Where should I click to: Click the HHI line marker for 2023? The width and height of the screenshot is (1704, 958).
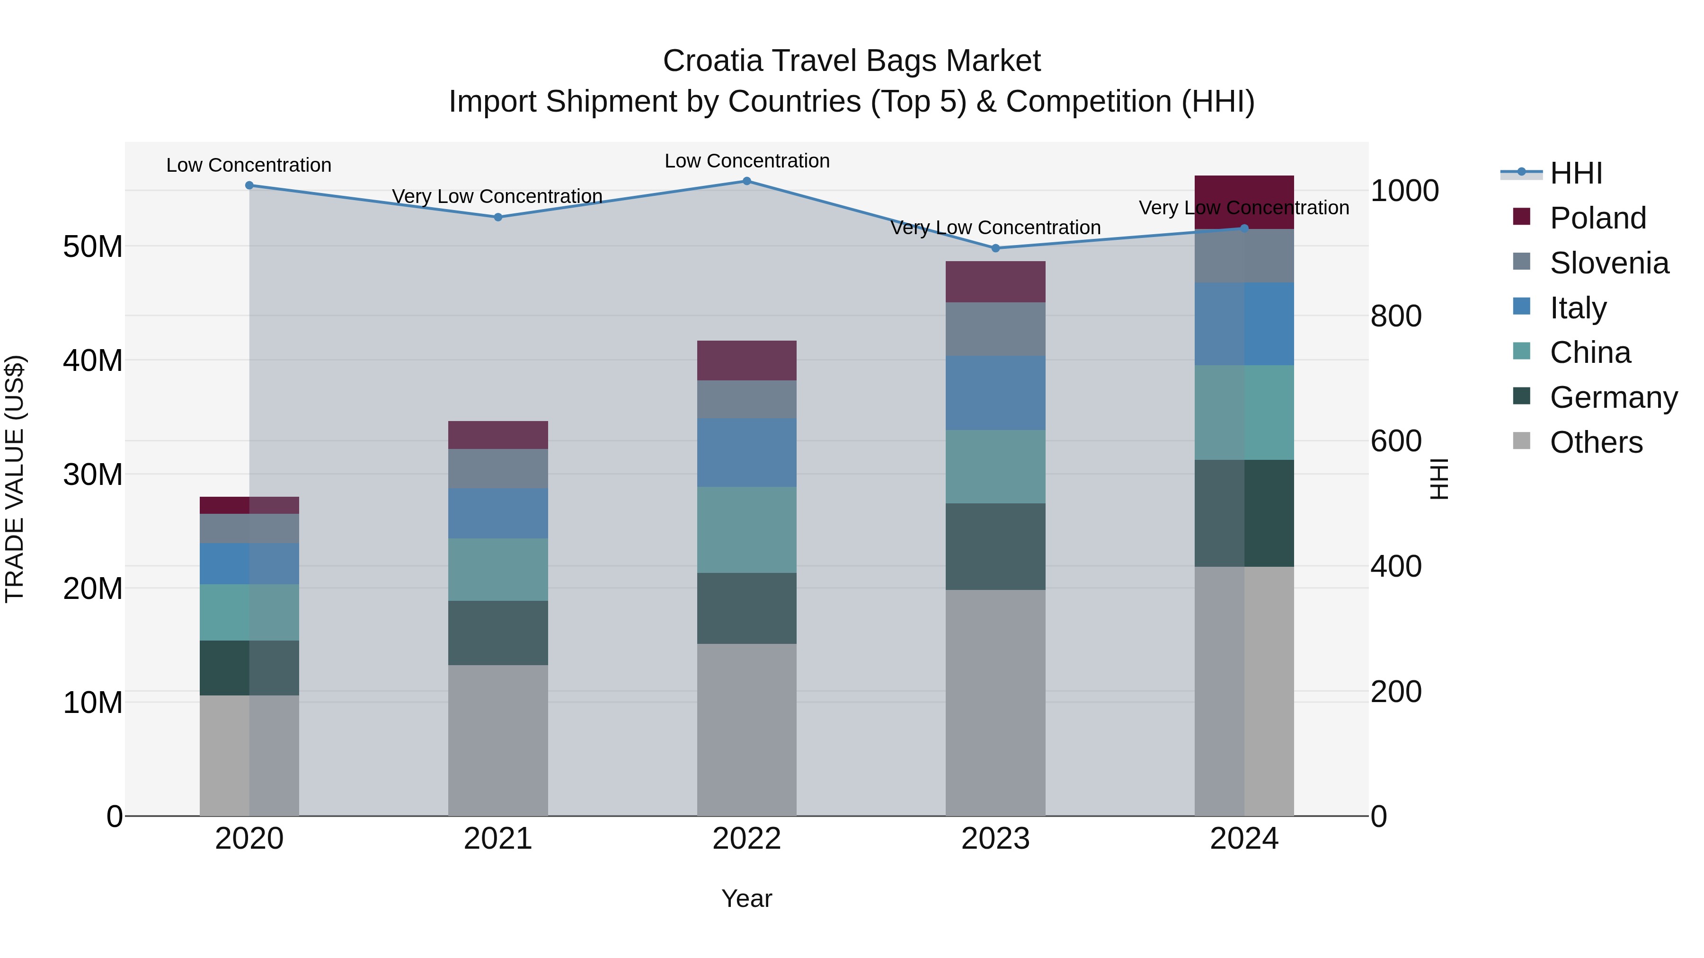[995, 248]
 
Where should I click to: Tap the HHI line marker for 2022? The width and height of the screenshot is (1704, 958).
[747, 181]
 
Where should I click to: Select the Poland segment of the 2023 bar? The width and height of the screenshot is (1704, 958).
[995, 281]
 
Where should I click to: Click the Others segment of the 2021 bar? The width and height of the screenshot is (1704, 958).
[498, 740]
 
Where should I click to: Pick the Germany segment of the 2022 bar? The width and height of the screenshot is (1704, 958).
[747, 608]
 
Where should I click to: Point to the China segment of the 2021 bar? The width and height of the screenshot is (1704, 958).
[498, 569]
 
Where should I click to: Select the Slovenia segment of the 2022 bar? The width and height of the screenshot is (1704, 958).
[747, 399]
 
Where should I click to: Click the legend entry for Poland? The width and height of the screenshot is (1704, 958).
[1597, 218]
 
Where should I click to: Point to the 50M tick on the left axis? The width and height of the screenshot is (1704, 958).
[93, 246]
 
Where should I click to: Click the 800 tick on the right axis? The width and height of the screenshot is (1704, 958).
[1396, 316]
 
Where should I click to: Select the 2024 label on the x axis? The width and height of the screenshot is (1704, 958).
[1243, 839]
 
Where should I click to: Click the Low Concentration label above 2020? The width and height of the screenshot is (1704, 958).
[248, 165]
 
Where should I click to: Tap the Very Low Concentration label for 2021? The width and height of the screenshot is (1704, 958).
[497, 196]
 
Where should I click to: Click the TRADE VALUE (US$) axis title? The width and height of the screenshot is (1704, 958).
[15, 479]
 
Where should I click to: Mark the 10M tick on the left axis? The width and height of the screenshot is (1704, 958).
[93, 703]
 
